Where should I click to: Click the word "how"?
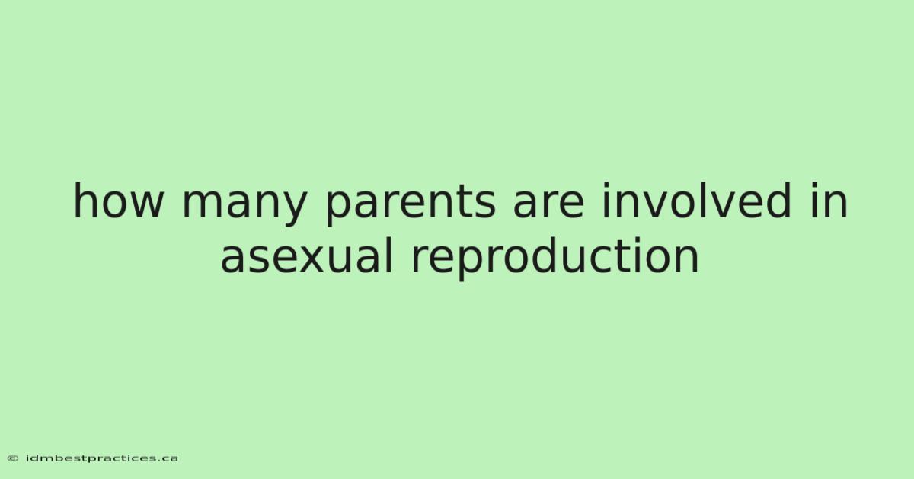click(118, 201)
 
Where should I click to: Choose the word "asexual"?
click(306, 255)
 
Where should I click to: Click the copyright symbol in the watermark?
click(13, 458)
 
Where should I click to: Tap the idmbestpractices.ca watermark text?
click(102, 458)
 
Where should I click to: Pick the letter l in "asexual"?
click(390, 255)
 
